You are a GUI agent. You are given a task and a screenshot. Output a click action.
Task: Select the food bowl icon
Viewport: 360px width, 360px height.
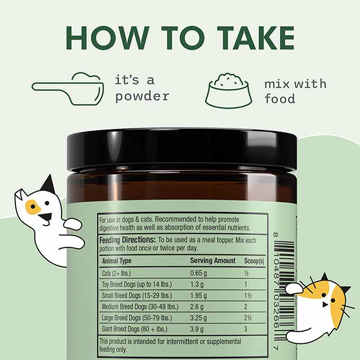pos(229,90)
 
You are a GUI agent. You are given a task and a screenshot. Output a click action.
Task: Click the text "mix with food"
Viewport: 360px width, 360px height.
pos(295,91)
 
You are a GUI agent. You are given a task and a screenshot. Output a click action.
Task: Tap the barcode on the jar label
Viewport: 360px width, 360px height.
pos(284,288)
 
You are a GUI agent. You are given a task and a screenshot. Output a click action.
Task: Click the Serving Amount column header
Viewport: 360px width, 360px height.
pos(212,261)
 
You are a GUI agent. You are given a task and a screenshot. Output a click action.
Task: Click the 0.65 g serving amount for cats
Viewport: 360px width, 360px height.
pos(199,273)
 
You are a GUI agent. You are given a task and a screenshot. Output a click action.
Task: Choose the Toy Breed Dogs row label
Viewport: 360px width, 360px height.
pos(137,284)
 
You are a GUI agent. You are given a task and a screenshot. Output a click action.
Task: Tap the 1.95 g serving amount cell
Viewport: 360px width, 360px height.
pos(199,295)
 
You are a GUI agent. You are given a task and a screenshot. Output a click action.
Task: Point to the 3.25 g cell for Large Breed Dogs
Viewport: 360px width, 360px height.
pos(199,318)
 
